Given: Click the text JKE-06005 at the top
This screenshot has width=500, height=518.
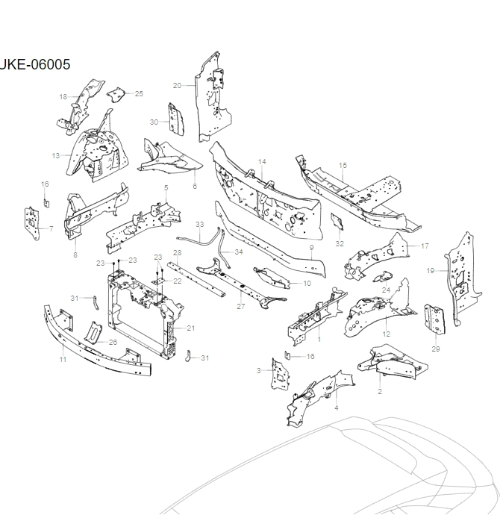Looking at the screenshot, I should coord(35,64).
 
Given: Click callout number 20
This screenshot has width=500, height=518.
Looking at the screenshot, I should coord(177,85).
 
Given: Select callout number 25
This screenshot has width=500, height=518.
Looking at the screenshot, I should coord(139,93).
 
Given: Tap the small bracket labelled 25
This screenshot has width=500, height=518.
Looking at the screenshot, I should coord(117,95).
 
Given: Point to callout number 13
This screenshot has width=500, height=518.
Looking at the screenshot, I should coord(56,155).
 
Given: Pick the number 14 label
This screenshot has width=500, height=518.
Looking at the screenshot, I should coord(262,161).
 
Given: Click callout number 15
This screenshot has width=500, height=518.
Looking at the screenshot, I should coord(343,165).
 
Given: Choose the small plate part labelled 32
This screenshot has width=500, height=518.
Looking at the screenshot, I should coord(337,222).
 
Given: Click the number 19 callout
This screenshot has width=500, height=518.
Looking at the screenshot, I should coord(431,270).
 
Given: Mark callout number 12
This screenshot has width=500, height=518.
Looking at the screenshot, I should coord(386,334).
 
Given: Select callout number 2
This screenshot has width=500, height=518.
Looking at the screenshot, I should coord(380,391).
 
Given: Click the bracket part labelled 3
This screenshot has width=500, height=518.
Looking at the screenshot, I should coord(278,374).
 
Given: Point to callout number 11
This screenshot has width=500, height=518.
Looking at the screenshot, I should coord(63,360).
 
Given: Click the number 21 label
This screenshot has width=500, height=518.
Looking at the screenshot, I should coord(191,328).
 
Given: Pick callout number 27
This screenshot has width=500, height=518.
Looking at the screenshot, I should coord(241,306).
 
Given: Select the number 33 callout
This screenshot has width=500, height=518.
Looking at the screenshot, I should coord(199,224).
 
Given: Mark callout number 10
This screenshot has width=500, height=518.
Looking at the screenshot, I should coord(307,284).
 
